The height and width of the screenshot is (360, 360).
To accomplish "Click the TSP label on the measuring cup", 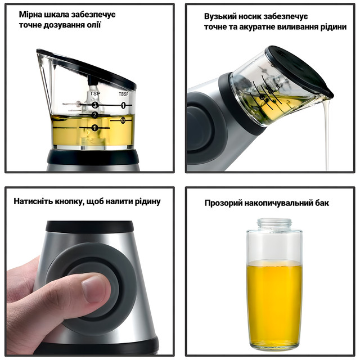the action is coord(95,93).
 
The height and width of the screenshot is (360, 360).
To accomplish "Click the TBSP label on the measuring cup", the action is coord(124,94).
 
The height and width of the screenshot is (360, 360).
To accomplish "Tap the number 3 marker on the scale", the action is coord(95,105).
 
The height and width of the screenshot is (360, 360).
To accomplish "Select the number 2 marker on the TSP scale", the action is coord(95,115).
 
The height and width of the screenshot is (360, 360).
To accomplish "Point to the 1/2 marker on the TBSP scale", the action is coord(123,120).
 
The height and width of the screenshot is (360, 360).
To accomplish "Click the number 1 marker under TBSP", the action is coord(123,105).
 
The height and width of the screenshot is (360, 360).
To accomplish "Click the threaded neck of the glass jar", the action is coord(274,223).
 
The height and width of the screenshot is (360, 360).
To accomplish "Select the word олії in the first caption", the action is coord(94,25).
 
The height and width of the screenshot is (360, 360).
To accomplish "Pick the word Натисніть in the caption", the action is coord(33,201).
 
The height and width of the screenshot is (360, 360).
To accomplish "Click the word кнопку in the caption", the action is coord(68,202).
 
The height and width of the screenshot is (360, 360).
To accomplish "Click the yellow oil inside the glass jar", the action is coord(274,301).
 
